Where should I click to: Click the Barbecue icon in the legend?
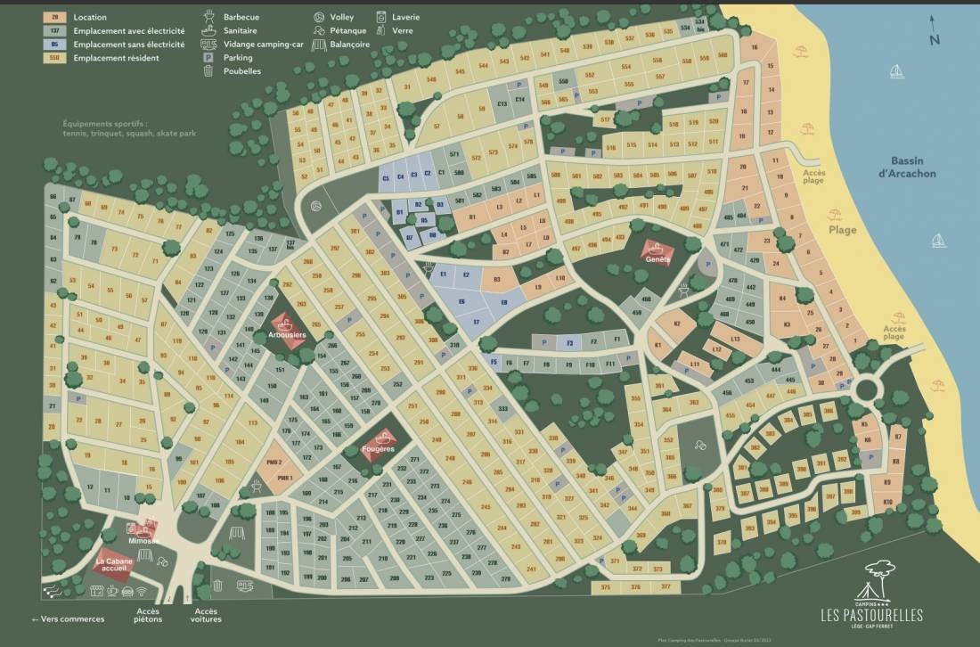209,17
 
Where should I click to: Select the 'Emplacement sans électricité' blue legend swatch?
55,44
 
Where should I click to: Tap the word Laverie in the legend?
405,17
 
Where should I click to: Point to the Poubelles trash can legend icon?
208,70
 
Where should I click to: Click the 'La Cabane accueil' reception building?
113,567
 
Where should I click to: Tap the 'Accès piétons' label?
148,615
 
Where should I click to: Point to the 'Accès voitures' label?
206,615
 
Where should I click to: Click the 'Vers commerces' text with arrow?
68,619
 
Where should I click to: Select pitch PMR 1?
285,479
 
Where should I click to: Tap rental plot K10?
887,503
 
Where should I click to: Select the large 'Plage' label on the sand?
842,230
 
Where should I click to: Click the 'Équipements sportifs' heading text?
106,125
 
